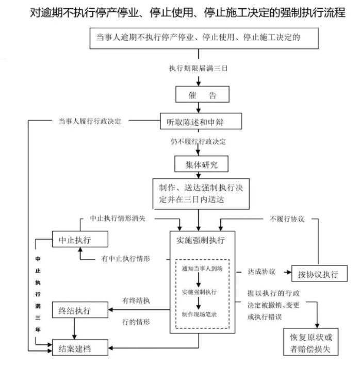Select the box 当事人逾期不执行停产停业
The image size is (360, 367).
199,38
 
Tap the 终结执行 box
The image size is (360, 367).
79,311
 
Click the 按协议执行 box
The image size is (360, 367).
319,273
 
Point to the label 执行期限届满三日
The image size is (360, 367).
198,69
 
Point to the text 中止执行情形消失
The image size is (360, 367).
118,218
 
